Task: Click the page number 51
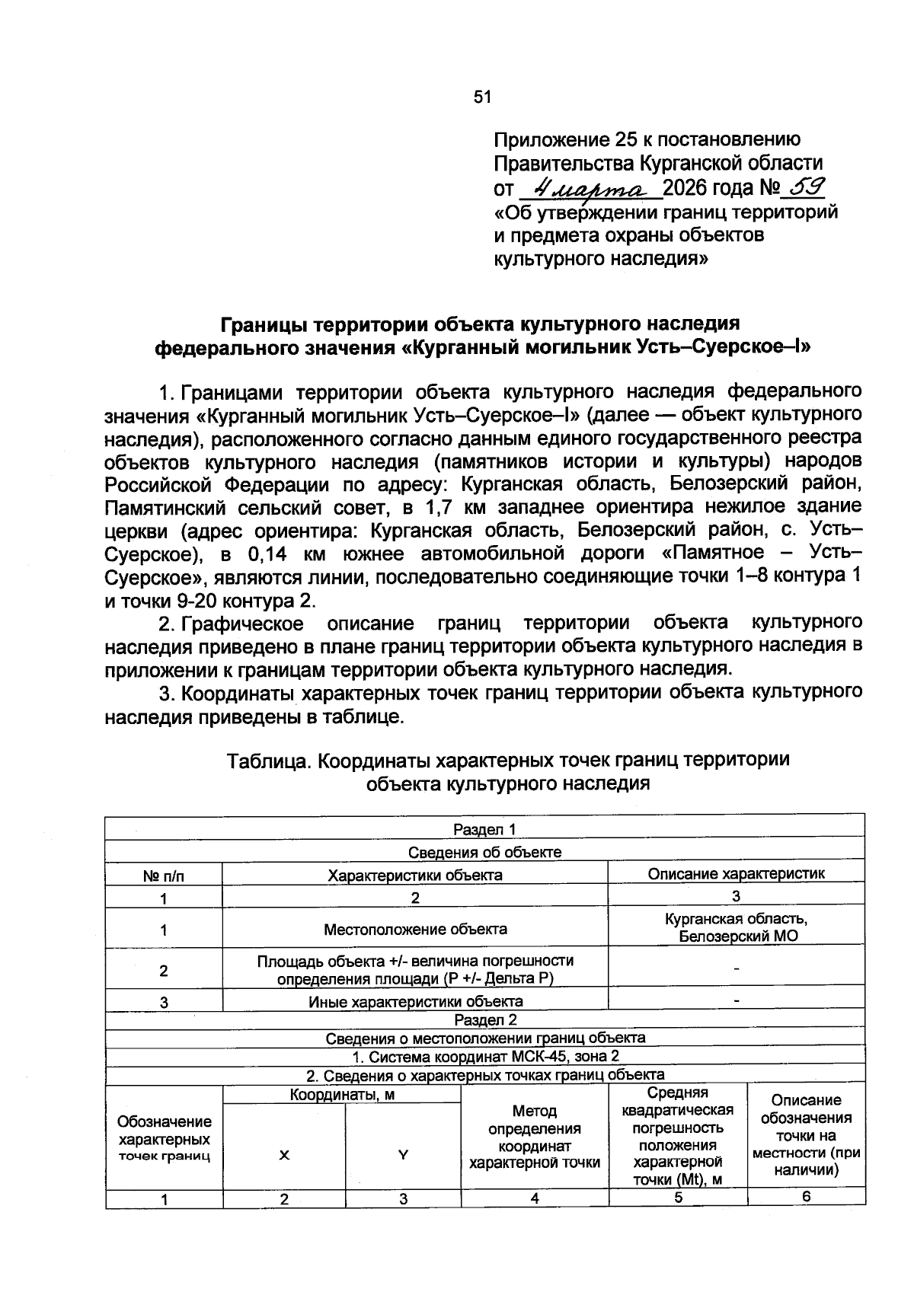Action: pyautogui.click(x=483, y=97)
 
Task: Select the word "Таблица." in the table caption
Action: pyautogui.click(x=270, y=760)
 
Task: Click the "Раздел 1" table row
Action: pyautogui.click(x=484, y=829)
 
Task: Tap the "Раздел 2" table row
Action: pyautogui.click(x=484, y=1019)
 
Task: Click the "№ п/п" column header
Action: pyautogui.click(x=163, y=876)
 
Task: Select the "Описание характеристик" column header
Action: pyautogui.click(x=736, y=874)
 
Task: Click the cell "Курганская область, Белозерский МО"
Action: pyautogui.click(x=736, y=928)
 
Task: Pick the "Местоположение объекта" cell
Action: pyautogui.click(x=415, y=929)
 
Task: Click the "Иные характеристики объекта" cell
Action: pyautogui.click(x=415, y=1001)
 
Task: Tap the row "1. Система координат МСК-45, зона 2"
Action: pyautogui.click(x=484, y=1056)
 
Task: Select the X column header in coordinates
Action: pyautogui.click(x=284, y=1154)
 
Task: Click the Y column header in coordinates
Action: pyautogui.click(x=403, y=1154)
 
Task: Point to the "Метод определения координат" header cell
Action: pyautogui.click(x=534, y=1137)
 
